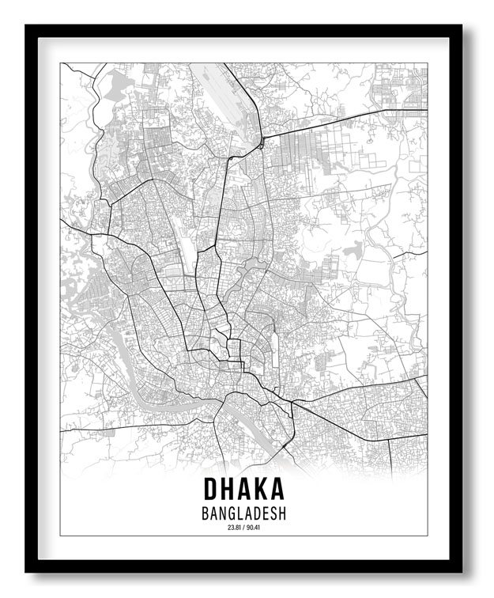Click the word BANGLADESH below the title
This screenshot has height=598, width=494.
click(243, 513)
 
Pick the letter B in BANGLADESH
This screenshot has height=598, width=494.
click(206, 513)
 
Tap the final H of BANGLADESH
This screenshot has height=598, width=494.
click(281, 513)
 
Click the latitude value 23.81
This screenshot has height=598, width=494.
click(232, 528)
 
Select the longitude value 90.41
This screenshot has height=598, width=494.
click(255, 528)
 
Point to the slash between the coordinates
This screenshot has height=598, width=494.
click(243, 528)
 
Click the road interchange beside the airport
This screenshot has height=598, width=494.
click(260, 144)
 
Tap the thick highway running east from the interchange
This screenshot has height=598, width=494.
click(332, 124)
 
